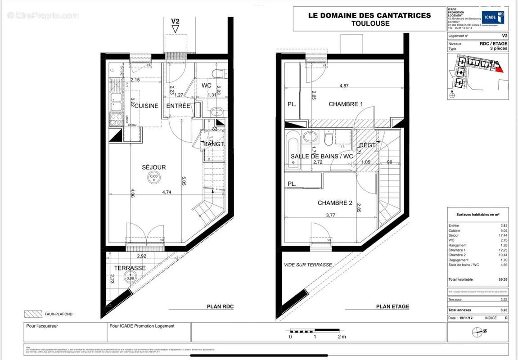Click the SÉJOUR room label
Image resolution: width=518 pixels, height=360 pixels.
pos(154,167)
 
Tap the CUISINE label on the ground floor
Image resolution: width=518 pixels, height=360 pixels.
pos(147,106)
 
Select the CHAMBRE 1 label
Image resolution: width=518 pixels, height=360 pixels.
pos(346,104)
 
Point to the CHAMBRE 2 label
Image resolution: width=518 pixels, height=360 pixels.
pos(335,203)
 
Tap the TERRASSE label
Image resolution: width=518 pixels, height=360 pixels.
pos(130,268)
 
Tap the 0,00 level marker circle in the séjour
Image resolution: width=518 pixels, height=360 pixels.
pos(154,178)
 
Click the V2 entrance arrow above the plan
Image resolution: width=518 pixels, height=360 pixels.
pos(176,25)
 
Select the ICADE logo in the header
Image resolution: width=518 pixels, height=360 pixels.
pos(492,18)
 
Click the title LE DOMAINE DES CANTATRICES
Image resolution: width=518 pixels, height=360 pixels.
pos(369,15)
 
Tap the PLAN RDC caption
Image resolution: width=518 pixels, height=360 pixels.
pos(220,307)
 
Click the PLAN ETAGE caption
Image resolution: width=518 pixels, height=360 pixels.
pos(392,307)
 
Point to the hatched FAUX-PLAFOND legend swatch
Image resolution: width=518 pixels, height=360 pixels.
pos(32,314)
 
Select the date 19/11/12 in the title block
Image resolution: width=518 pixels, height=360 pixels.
pos(466,318)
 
